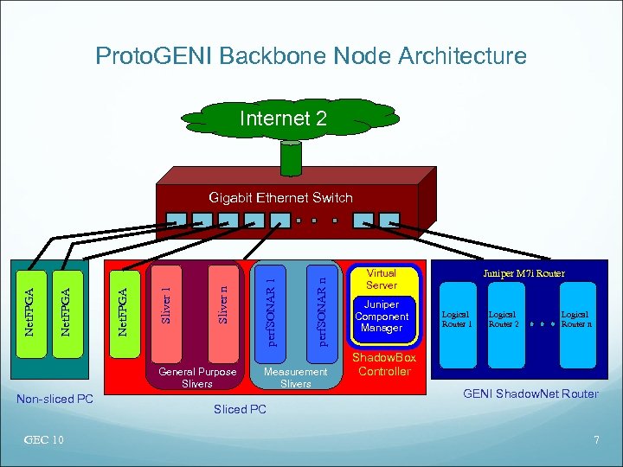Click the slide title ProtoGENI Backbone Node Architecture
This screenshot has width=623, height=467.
(311, 57)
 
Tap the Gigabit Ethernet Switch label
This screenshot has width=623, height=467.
(281, 197)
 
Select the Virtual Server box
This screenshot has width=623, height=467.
(382, 278)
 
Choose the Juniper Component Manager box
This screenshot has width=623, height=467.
(382, 317)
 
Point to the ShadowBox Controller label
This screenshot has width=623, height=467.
(384, 365)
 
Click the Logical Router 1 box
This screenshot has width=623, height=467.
(457, 319)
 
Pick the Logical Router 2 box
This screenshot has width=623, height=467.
(504, 319)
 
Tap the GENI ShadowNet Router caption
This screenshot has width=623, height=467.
(530, 394)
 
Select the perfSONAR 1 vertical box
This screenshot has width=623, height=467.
(271, 308)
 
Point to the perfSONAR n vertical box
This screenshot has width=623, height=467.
(322, 308)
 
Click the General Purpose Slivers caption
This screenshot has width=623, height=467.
(197, 377)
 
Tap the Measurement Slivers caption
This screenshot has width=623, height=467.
(296, 377)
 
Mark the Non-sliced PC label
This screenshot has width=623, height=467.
(55, 399)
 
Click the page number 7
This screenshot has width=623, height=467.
(595, 441)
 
